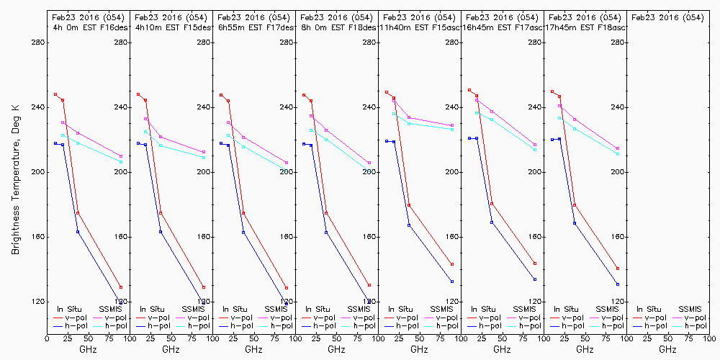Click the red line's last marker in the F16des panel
121,287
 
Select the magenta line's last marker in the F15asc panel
452,125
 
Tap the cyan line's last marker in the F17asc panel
535,149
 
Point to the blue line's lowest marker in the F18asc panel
618,284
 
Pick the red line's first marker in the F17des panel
221,95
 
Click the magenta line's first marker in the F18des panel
311,116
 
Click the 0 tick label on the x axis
47,337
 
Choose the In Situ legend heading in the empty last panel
649,309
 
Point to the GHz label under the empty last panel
667,349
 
